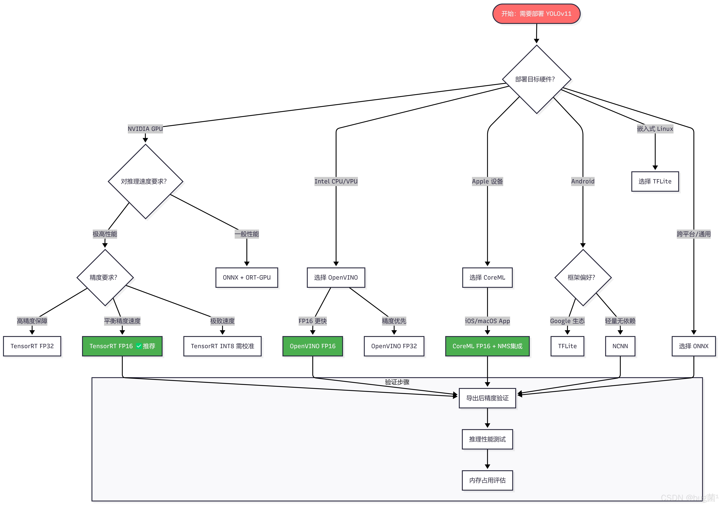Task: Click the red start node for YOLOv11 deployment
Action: coord(536,14)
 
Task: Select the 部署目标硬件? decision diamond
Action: coord(536,79)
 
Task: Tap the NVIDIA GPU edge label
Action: coord(145,129)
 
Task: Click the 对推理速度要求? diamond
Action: coord(145,181)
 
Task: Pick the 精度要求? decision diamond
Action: coord(105,277)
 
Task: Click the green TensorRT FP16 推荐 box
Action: coord(122,346)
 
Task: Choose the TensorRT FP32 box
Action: coord(32,346)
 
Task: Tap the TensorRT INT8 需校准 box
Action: coord(222,346)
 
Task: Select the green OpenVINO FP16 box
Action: coord(313,346)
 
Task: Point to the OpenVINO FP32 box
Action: coord(394,346)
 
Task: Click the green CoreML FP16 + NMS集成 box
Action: coord(487,346)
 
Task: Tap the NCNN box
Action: coord(620,346)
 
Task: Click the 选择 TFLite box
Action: coord(655,181)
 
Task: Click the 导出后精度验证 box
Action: coord(487,398)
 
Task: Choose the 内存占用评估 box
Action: coord(487,480)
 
